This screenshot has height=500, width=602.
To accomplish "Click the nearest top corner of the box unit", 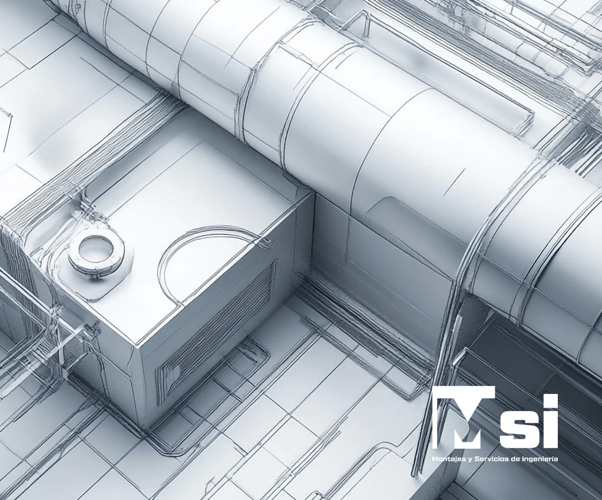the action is [139, 344].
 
